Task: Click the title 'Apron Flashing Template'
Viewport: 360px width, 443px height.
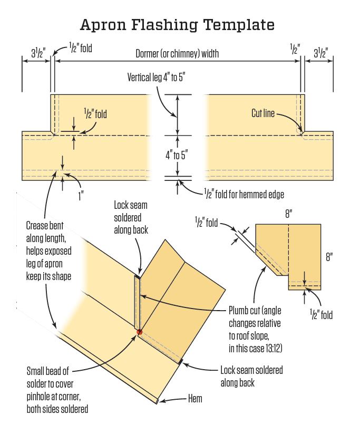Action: point(177,25)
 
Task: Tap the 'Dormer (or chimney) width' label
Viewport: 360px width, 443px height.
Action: point(177,53)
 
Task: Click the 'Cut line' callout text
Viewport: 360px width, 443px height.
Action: point(263,113)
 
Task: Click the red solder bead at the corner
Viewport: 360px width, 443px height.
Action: point(140,332)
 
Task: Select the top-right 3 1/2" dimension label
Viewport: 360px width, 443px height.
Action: point(320,53)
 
